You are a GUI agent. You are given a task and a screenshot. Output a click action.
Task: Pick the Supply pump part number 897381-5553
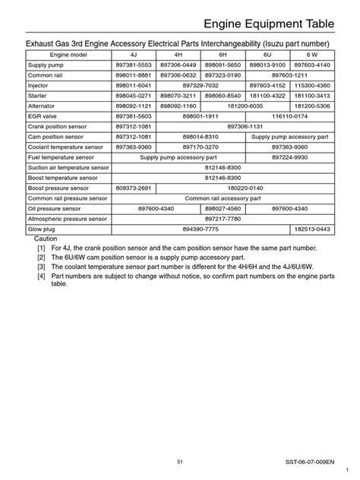[134, 66]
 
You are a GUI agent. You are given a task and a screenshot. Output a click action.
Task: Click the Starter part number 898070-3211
[178, 96]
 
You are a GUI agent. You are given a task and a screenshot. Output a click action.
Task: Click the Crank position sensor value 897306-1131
[245, 125]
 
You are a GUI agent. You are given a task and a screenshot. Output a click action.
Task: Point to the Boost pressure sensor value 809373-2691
[134, 186]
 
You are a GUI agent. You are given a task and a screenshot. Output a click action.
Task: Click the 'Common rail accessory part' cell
[223, 197]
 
